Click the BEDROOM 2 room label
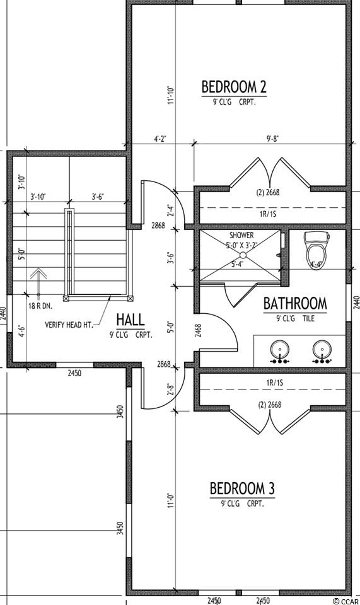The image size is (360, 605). point(234,86)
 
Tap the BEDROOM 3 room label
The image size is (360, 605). point(242,488)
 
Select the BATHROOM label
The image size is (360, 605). point(295,304)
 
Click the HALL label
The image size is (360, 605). point(131,320)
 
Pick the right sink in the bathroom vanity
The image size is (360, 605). point(322,352)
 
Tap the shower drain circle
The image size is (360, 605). point(243,255)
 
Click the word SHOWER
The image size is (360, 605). point(241,235)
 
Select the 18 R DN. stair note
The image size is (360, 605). point(40,307)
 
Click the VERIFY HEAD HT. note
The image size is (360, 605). point(69,325)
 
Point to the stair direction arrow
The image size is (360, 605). point(38,282)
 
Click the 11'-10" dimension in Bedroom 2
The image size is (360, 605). point(171,95)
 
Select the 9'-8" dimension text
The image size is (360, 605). point(272,139)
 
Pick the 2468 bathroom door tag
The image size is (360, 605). point(198,330)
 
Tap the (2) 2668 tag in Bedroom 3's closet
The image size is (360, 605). point(269,405)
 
